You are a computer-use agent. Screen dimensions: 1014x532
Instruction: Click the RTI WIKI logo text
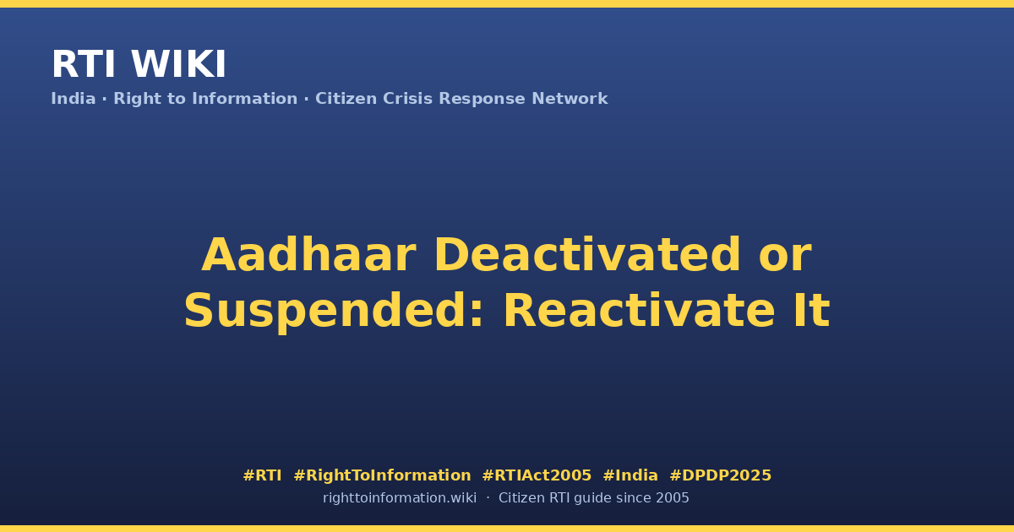click(x=139, y=64)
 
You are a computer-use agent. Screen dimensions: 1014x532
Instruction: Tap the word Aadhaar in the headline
click(x=308, y=255)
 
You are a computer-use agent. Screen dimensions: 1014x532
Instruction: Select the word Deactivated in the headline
click(x=587, y=255)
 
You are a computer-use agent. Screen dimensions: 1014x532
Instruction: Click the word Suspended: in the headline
click(x=334, y=312)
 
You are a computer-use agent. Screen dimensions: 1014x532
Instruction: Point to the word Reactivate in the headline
click(x=639, y=311)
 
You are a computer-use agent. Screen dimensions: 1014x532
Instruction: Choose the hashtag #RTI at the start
click(x=262, y=475)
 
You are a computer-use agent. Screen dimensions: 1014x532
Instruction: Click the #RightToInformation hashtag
click(x=382, y=475)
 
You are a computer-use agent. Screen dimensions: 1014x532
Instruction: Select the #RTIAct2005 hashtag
click(x=537, y=475)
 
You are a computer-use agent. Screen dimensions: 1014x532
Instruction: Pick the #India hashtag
click(x=630, y=475)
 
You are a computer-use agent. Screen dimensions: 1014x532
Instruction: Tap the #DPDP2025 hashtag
click(x=720, y=475)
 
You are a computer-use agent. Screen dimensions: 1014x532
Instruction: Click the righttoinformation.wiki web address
click(x=400, y=498)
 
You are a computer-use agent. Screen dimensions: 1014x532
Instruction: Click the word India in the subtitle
click(x=74, y=99)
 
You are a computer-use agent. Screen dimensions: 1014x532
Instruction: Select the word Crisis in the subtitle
click(x=407, y=99)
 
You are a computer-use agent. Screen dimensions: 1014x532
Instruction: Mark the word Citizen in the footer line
click(x=521, y=498)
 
